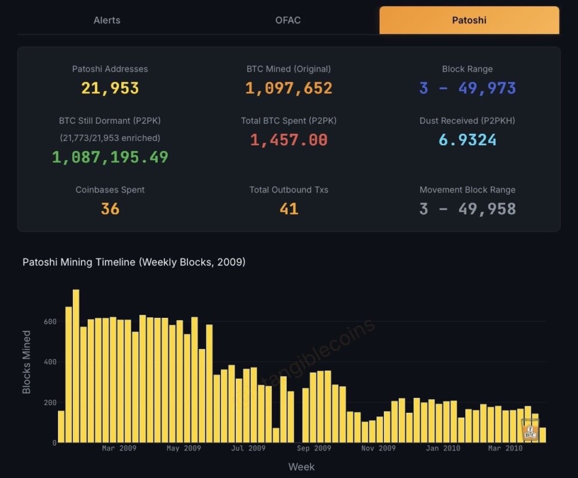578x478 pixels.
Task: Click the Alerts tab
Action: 107,20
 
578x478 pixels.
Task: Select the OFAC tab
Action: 288,20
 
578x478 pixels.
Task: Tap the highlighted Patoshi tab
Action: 469,20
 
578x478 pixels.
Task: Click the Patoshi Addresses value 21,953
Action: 110,88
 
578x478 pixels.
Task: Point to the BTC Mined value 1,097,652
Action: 288,88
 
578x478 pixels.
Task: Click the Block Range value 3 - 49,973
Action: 468,88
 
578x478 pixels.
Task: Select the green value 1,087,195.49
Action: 110,157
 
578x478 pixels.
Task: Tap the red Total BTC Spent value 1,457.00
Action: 288,140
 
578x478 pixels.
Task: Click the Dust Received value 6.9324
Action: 468,140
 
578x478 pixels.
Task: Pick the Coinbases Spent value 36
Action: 110,209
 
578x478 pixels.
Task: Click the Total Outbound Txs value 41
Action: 288,209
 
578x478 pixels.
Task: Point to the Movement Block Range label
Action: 468,190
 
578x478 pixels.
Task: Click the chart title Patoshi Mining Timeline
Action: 134,262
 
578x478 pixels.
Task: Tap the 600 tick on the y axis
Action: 50,321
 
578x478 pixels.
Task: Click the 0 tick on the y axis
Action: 54,443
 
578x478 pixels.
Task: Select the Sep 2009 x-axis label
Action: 313,448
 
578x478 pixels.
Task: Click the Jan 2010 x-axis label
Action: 444,448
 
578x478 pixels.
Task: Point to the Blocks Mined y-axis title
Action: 27,362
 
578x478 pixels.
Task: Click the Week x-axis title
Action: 302,467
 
